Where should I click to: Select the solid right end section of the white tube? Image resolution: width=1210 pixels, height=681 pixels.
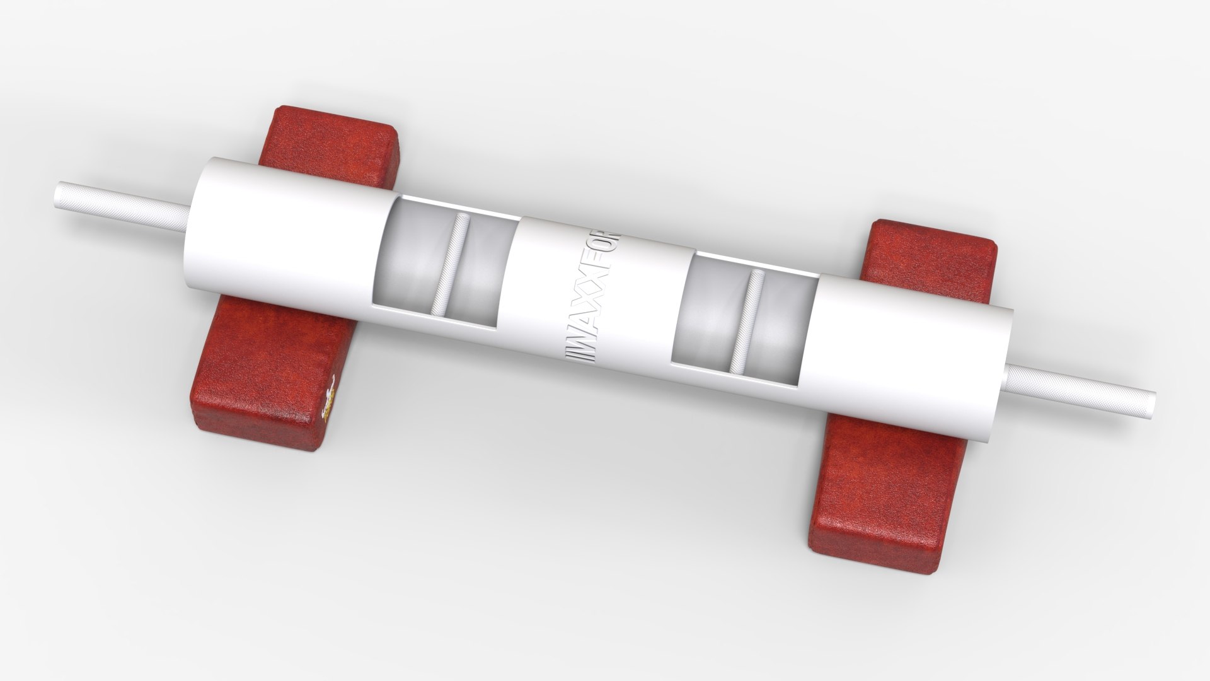tap(907, 353)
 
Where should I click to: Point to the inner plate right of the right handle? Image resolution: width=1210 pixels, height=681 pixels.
tap(781, 328)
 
